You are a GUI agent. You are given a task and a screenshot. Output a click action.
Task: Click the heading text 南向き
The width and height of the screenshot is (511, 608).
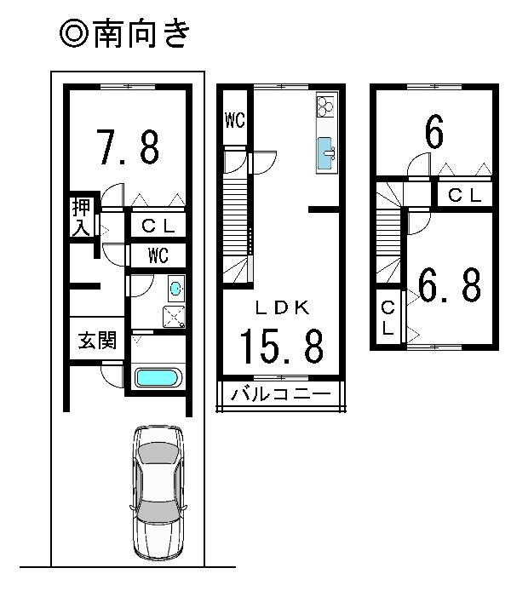click(x=140, y=35)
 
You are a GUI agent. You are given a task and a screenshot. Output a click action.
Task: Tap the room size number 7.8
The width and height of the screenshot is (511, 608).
click(x=127, y=146)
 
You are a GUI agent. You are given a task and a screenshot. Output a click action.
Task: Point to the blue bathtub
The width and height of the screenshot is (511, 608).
click(x=158, y=377)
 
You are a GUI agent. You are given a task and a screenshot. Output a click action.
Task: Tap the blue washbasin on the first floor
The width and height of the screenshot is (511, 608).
click(x=175, y=289)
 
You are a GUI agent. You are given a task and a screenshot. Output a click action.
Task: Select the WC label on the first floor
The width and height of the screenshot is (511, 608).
click(x=158, y=255)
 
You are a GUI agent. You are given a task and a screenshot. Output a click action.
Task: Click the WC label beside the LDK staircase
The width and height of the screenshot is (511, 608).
click(x=235, y=121)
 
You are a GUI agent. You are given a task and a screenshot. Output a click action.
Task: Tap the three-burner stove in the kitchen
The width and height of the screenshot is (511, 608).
click(x=326, y=107)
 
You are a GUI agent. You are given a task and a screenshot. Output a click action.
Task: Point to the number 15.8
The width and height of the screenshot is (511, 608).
click(x=280, y=347)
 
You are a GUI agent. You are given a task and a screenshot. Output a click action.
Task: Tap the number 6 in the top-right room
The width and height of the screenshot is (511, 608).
click(x=433, y=133)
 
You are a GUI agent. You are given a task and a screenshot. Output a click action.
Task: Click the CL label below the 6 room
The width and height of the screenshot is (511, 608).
click(x=465, y=195)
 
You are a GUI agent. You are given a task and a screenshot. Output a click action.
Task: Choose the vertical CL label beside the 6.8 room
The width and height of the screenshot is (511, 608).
click(x=388, y=318)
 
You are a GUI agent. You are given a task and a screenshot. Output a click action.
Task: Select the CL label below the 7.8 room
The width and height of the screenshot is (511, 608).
click(x=158, y=226)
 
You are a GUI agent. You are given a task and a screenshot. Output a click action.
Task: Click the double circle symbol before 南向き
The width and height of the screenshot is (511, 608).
click(x=72, y=35)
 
